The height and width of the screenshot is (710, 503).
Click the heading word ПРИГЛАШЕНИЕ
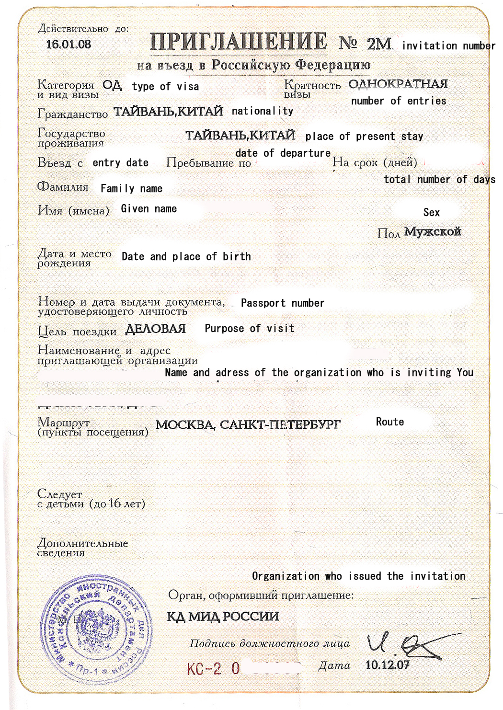coord(238,42)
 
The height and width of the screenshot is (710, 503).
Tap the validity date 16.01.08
coord(69,45)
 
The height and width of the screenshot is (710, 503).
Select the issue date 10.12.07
coord(387,665)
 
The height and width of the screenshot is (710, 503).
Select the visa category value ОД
coord(112,85)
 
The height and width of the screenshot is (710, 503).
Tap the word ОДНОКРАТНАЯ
coord(398,84)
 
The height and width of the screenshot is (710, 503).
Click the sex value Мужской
coord(432,232)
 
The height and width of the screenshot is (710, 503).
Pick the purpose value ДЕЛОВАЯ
coord(155,329)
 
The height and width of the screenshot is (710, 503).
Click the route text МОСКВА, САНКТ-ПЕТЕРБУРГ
coord(248,424)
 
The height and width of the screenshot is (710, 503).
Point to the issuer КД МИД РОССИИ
coord(223,616)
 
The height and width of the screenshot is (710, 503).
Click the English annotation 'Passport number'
coord(282,303)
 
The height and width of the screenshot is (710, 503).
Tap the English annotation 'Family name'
coord(131,189)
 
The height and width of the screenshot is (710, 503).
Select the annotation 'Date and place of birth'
coord(186,257)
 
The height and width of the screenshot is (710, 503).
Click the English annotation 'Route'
coord(389,422)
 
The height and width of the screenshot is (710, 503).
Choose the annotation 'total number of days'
coord(439,180)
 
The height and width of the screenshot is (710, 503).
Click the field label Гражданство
coord(72,114)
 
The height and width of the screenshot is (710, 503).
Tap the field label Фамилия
coord(63,187)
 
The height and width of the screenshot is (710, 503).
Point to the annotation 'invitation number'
coord(448,46)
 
